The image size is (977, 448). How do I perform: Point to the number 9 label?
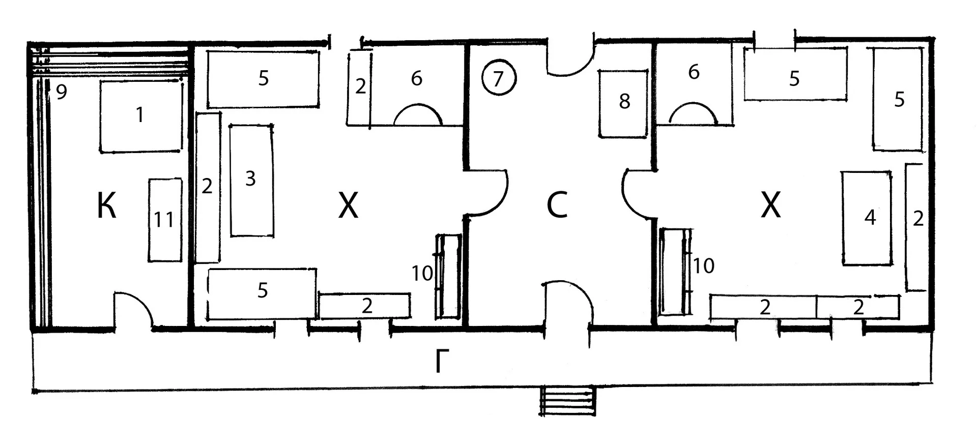(61, 92)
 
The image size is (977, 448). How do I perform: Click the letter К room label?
(107, 206)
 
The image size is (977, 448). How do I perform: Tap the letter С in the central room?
(557, 206)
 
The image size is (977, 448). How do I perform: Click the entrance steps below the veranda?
(567, 401)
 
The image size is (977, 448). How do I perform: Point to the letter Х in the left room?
(349, 206)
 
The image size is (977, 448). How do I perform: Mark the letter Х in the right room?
(771, 206)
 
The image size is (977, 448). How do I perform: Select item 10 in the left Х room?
(448, 277)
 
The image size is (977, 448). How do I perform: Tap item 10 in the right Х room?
(676, 272)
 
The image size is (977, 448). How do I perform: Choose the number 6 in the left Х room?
(417, 78)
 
